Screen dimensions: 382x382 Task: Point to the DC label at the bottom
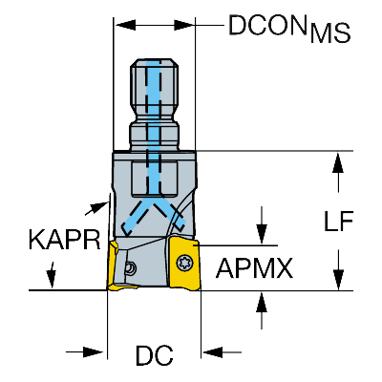tap(153, 357)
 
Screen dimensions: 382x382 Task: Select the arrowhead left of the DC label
tap(95, 353)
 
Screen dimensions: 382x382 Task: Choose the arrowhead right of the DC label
tap(211, 353)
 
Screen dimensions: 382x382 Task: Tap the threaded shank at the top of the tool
tap(155, 91)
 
